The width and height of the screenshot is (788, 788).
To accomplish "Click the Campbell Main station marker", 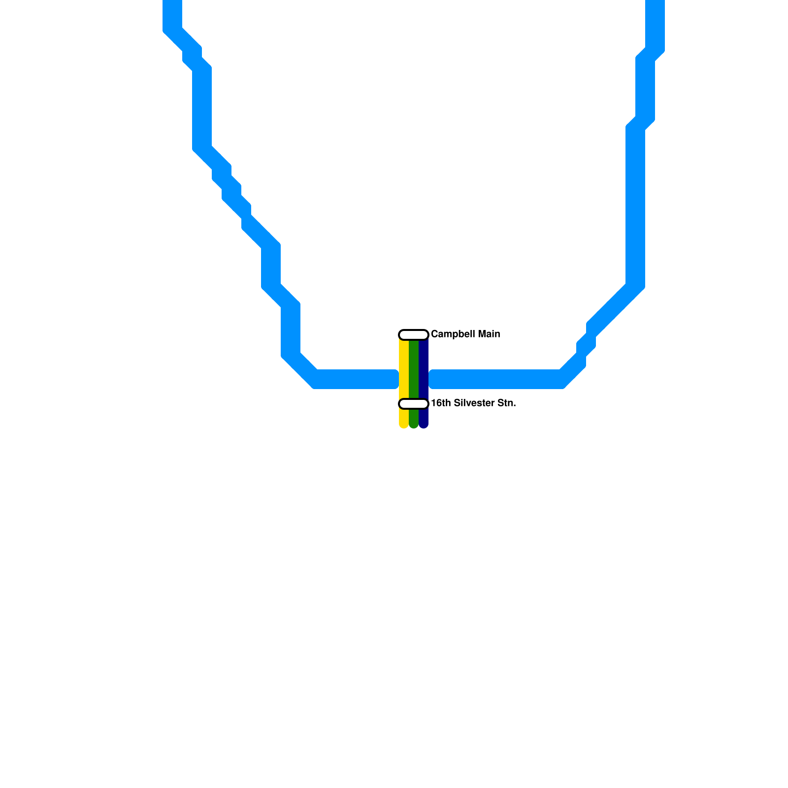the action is pos(413,335).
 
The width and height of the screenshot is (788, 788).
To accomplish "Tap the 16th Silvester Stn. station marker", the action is pos(413,404).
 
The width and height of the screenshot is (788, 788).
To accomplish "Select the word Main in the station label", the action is pos(489,334).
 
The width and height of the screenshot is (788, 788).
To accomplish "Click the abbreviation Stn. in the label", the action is pos(507,403).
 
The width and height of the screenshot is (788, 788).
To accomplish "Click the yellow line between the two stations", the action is pos(403,369).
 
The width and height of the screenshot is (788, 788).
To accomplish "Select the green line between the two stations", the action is pos(414,369).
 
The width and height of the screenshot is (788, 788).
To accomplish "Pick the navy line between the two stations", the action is pos(424,369).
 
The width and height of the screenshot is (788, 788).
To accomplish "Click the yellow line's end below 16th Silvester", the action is pos(403,424).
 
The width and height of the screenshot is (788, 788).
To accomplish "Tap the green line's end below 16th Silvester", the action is pos(414,424).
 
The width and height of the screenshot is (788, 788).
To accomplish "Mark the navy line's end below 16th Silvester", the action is pos(424,424).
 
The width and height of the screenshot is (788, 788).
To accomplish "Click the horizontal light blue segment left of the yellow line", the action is pos(355,379).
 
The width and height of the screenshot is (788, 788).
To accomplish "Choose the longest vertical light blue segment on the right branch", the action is pos(635,207).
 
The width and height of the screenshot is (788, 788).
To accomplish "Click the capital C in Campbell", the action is pos(434,334).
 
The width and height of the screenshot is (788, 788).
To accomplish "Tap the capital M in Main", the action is pos(481,334).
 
